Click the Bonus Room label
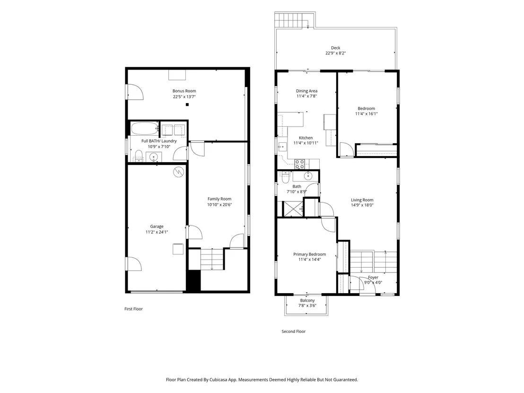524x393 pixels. point(184,91)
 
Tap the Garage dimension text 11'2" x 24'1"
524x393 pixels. point(157,232)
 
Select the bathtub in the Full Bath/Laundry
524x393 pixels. point(145,128)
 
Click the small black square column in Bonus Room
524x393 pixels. point(187,105)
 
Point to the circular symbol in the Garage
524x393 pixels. point(178,172)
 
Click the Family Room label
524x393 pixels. point(219,199)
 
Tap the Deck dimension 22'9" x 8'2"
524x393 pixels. point(335,53)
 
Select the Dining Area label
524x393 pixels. point(307,91)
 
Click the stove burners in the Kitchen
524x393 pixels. point(299,164)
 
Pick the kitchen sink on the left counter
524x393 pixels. point(282,147)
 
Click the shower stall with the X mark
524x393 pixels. point(293,209)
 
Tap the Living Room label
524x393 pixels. point(362,200)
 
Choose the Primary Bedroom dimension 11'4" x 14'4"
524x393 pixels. point(310,259)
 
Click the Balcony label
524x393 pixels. point(307,301)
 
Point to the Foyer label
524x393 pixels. point(373,278)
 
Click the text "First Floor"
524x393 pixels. point(134,309)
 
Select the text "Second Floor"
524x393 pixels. point(294,332)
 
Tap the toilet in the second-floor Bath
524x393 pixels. point(285,177)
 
